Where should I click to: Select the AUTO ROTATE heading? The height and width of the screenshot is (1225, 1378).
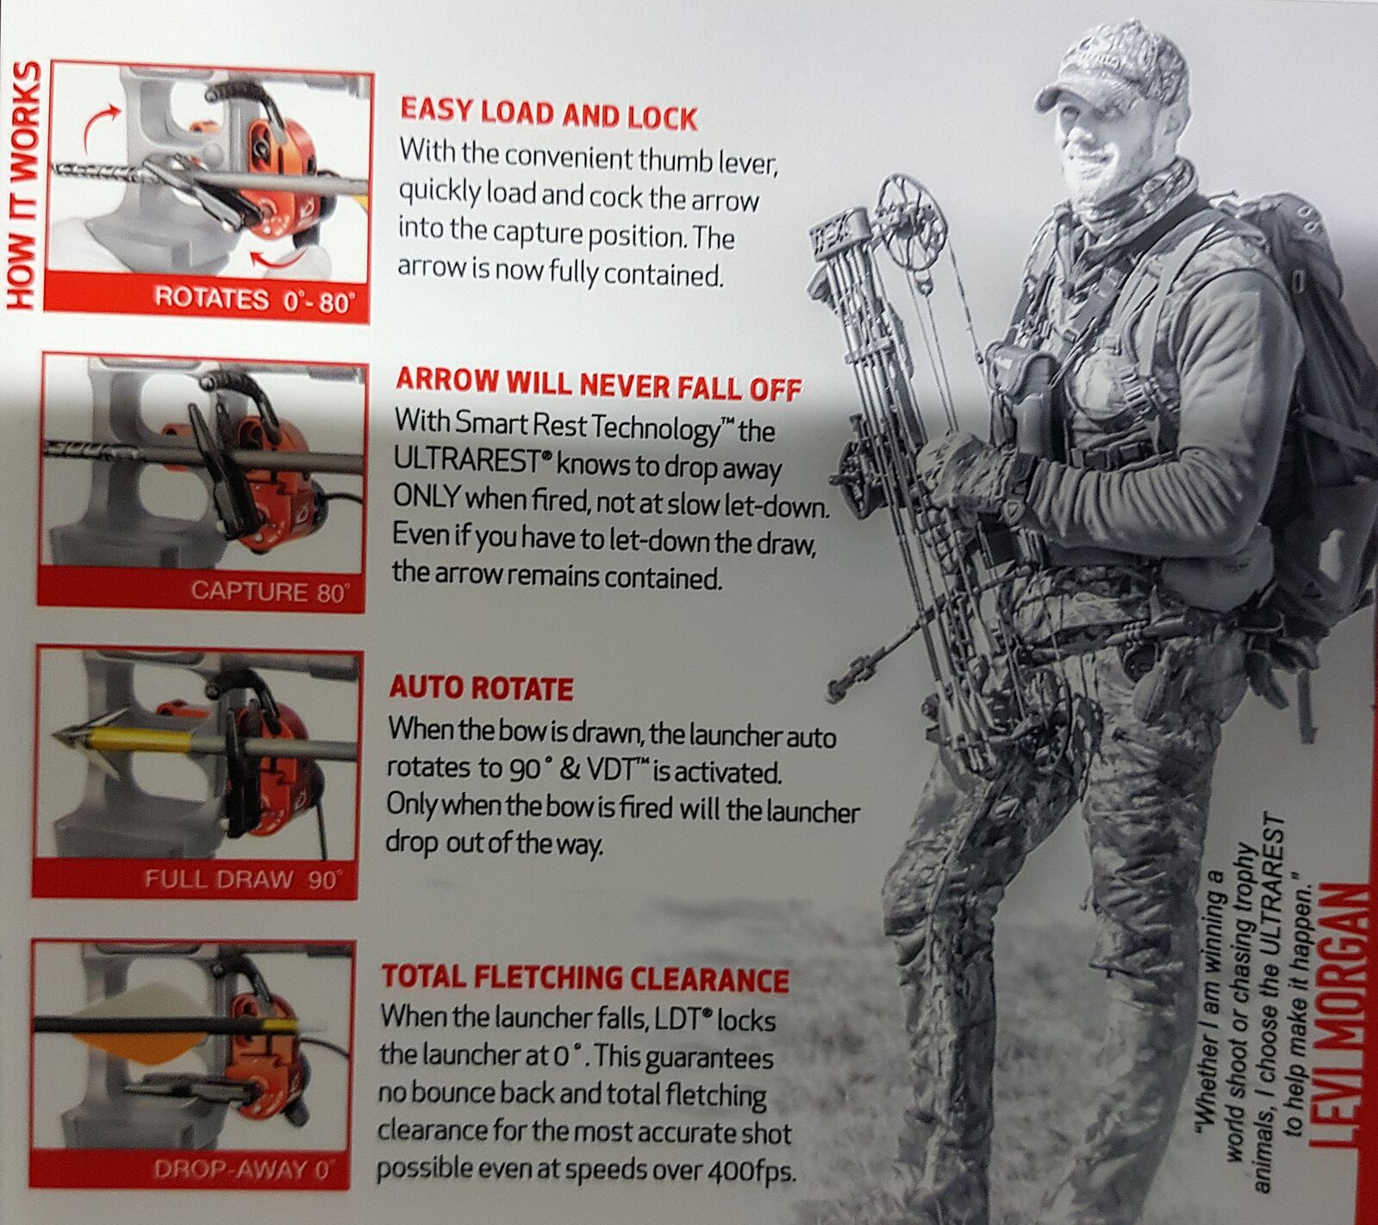pyautogui.click(x=481, y=688)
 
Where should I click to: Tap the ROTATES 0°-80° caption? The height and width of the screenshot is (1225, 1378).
pyautogui.click(x=255, y=300)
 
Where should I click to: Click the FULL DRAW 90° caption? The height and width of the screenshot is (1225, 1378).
pyautogui.click(x=243, y=879)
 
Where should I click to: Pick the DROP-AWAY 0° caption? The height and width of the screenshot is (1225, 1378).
pyautogui.click(x=243, y=1169)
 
